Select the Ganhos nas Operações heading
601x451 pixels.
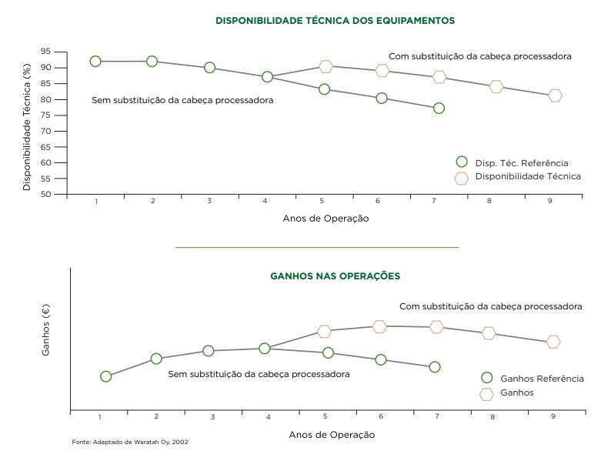point(335,276)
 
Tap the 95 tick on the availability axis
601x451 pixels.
point(46,52)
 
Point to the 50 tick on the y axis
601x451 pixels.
point(46,194)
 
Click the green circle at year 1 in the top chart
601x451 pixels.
point(95,62)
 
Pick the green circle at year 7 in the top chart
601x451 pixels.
point(439,109)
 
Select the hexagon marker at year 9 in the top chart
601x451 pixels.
point(555,96)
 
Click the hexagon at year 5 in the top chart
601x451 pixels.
point(326,67)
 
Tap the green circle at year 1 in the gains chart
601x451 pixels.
point(106,376)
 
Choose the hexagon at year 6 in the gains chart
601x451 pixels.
point(379,327)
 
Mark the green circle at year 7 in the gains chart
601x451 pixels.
point(435,367)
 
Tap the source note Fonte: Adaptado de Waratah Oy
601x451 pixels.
point(130,443)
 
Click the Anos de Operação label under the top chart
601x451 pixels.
point(326,219)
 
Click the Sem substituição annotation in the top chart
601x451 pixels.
point(182,100)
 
